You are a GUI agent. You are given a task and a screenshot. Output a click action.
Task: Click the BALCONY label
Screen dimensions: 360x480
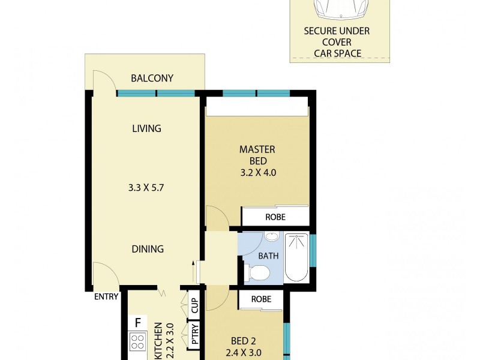152,78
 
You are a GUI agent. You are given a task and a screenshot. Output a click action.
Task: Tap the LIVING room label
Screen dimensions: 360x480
147,128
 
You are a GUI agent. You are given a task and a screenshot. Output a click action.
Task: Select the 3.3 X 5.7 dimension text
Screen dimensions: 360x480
146,187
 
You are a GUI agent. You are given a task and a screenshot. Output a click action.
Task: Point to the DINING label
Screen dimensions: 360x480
148,249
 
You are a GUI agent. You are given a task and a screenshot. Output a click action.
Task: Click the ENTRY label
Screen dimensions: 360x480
106,296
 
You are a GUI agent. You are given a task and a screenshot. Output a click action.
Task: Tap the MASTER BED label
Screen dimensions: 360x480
257,155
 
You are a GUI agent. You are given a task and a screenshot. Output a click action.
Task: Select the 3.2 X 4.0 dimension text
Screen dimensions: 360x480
257,173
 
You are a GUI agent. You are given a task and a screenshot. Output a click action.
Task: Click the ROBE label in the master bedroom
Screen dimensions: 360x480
275,217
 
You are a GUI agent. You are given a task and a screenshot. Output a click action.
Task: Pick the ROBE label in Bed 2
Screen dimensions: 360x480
261,299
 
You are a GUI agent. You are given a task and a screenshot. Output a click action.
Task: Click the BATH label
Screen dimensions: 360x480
268,256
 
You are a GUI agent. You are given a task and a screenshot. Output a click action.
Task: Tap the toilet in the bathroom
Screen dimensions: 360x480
257,274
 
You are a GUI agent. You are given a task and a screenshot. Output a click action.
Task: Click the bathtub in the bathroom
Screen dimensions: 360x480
296,257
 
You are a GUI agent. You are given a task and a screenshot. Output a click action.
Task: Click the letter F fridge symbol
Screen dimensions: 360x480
137,323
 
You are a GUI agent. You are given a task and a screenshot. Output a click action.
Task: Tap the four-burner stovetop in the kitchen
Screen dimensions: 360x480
137,342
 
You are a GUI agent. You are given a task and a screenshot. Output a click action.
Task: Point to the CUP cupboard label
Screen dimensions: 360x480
194,306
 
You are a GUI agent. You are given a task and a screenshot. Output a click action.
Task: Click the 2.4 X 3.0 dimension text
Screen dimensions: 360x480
243,353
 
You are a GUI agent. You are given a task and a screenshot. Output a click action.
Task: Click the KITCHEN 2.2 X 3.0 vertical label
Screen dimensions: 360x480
164,341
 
